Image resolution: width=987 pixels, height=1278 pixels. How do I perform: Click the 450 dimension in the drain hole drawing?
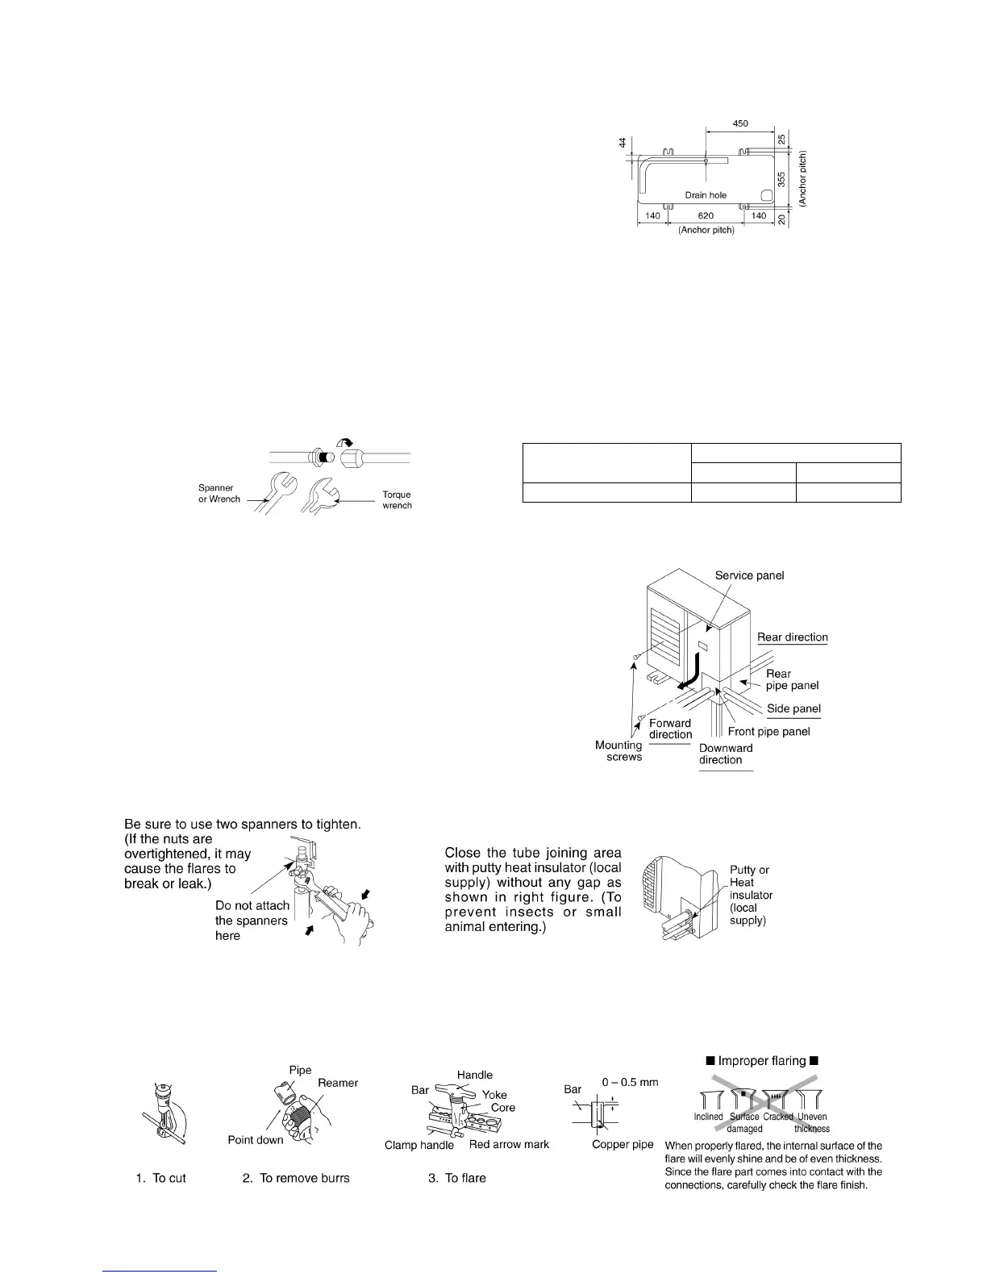[x=739, y=123]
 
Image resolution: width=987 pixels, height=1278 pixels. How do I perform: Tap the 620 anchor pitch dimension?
[x=706, y=216]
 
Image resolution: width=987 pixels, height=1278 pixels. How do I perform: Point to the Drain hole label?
[x=706, y=195]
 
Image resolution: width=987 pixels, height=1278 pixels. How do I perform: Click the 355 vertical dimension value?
[x=781, y=179]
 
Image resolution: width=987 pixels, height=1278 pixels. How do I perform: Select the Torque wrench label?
[x=397, y=500]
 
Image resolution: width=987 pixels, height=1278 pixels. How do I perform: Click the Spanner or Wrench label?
[x=219, y=493]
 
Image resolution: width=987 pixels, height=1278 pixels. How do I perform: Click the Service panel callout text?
[x=749, y=575]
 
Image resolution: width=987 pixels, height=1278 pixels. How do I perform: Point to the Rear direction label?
[x=792, y=637]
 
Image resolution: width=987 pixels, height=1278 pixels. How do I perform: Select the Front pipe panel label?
[x=768, y=732]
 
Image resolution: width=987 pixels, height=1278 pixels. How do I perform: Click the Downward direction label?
[x=726, y=754]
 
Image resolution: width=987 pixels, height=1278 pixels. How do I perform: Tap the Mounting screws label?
[x=618, y=751]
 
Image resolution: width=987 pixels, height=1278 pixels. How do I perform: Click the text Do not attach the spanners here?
[x=252, y=921]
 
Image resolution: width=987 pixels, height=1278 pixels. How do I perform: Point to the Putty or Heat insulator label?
[x=750, y=895]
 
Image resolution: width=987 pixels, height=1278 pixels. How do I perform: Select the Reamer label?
[x=338, y=1083]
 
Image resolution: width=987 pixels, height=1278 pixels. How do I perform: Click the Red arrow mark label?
[x=509, y=1144]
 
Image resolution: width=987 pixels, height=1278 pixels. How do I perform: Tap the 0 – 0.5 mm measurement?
[x=630, y=1082]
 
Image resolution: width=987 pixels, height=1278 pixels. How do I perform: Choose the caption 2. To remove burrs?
[x=296, y=1178]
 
